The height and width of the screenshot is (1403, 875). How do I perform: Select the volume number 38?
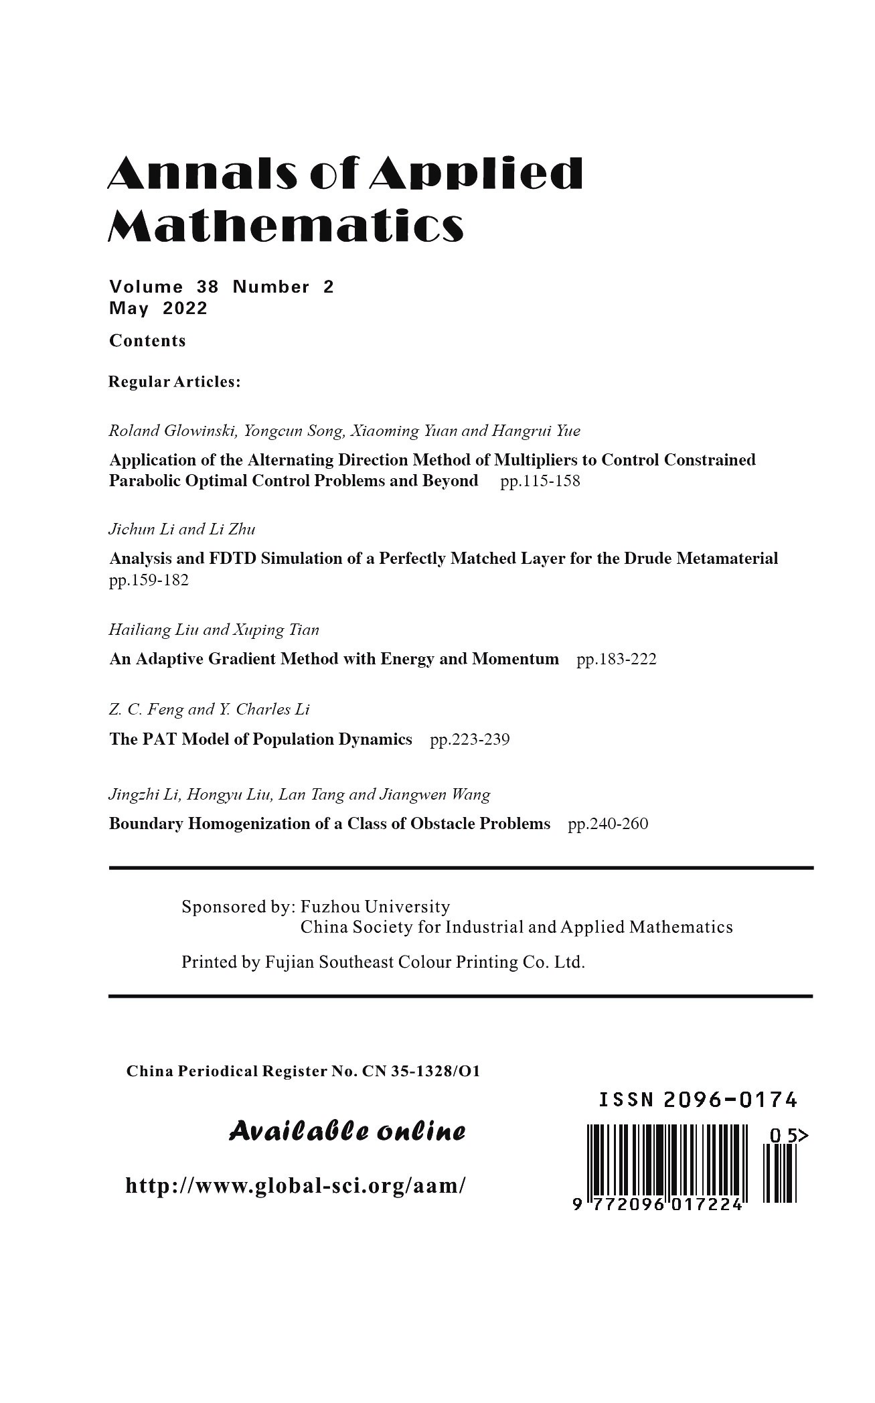coord(208,287)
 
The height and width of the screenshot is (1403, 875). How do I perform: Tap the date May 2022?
coord(159,309)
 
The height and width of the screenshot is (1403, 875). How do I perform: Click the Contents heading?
coord(148,341)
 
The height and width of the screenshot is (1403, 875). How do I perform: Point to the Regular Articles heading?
coord(175,382)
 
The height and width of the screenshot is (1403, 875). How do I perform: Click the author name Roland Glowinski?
coord(172,431)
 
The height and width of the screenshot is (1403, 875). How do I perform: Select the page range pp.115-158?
coord(540,482)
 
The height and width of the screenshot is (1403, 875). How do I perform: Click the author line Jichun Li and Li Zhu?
coord(182,529)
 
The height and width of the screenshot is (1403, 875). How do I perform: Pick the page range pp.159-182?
coord(149,581)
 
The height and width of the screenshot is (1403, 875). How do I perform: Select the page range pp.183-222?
coord(617,660)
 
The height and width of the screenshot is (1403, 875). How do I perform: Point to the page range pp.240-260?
coord(608,824)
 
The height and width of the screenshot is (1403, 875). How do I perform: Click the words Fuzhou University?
coord(375,907)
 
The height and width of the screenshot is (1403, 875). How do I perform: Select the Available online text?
coord(347,1132)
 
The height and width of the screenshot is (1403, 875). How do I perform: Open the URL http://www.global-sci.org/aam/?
coord(295,1186)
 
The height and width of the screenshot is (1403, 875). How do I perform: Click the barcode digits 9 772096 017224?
coord(659,1205)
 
